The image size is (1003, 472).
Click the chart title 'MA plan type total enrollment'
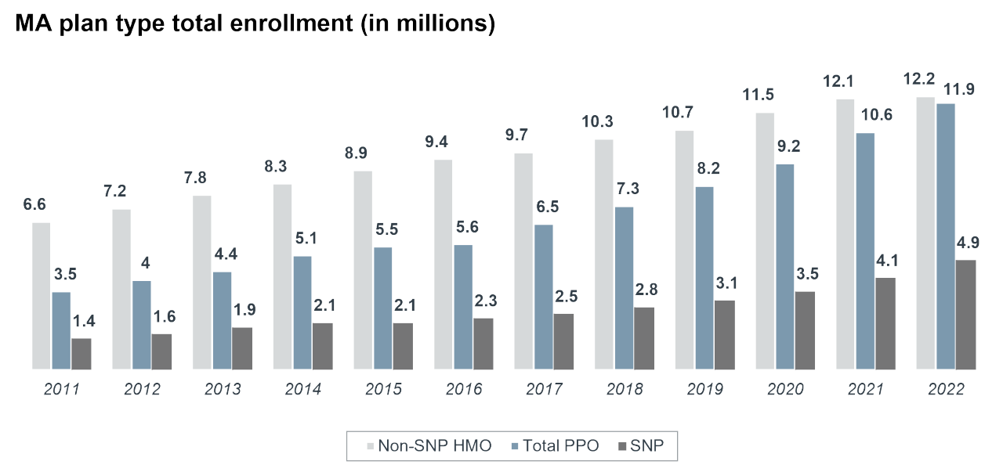pyautogui.click(x=255, y=23)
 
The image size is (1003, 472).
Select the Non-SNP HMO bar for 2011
pyautogui.click(x=42, y=295)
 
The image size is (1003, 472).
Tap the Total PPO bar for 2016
pyautogui.click(x=463, y=306)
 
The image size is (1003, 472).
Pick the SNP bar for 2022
pyautogui.click(x=966, y=313)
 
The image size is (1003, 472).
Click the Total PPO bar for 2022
pyautogui.click(x=946, y=236)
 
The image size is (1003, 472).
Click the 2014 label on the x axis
pyautogui.click(x=303, y=389)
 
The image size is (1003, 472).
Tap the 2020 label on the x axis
pyautogui.click(x=785, y=389)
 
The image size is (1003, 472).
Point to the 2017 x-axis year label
pyautogui.click(x=544, y=389)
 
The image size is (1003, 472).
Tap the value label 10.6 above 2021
pyautogui.click(x=875, y=114)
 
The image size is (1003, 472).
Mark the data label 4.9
pyautogui.click(x=966, y=242)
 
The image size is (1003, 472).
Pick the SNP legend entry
pyautogui.click(x=646, y=447)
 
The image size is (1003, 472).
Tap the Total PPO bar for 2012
pyautogui.click(x=142, y=324)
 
